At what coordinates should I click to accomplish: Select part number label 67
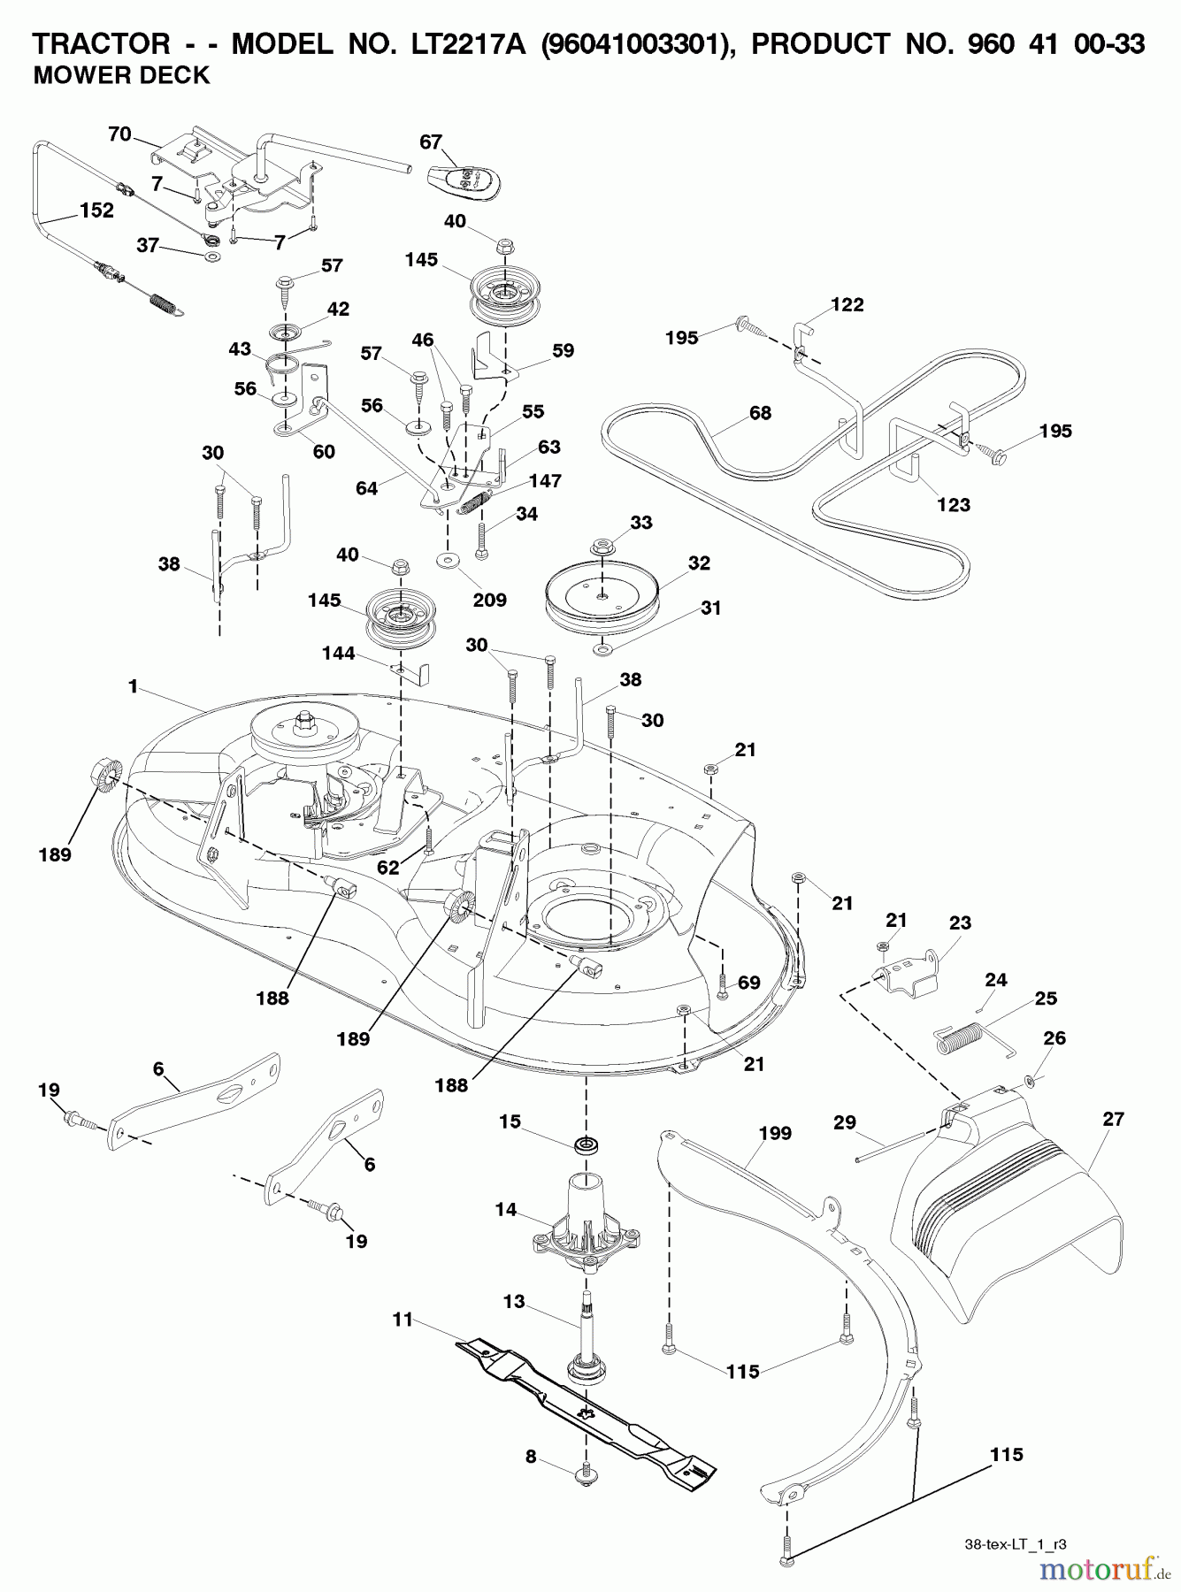tap(431, 142)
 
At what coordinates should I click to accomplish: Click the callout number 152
tap(96, 210)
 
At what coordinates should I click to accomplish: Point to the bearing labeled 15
tap(586, 1146)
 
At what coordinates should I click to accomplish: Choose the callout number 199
tap(775, 1133)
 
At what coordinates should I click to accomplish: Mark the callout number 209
tap(489, 600)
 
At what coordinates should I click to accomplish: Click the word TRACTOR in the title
tap(101, 43)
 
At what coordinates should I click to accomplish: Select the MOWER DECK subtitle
tap(121, 76)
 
